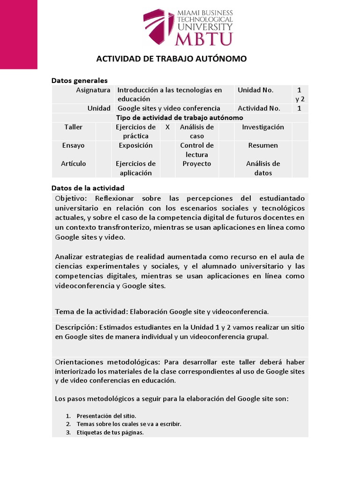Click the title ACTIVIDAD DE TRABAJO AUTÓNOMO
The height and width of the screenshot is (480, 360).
click(x=171, y=59)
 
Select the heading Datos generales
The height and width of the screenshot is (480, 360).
click(x=79, y=81)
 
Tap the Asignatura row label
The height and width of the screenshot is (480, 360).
click(x=93, y=90)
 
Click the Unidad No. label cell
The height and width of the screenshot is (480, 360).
click(x=255, y=90)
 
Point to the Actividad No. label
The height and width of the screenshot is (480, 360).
click(x=259, y=108)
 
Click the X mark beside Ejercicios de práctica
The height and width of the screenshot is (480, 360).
click(x=168, y=127)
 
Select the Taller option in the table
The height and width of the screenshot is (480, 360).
click(x=74, y=127)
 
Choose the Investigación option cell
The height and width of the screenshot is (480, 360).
click(x=263, y=127)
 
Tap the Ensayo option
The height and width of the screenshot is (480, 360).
click(x=74, y=145)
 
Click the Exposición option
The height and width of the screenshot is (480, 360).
click(x=135, y=145)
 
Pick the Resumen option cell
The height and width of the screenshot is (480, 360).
click(x=263, y=145)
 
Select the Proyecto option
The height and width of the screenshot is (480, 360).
click(x=197, y=164)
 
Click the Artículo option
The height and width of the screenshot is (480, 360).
click(x=74, y=164)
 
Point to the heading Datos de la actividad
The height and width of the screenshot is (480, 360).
click(x=88, y=187)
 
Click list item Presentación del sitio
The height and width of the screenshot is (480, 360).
click(x=106, y=416)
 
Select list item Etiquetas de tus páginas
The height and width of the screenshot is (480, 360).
click(x=110, y=433)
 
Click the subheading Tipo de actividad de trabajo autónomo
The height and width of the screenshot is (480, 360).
click(x=180, y=118)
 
